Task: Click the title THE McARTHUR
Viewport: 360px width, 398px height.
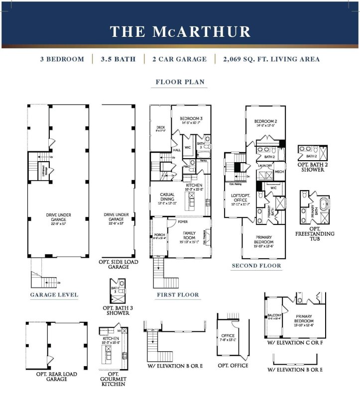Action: pyautogui.click(x=180, y=31)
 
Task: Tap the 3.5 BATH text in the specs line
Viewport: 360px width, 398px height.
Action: pyautogui.click(x=118, y=59)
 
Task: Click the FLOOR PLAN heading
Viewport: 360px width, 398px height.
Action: pyautogui.click(x=180, y=82)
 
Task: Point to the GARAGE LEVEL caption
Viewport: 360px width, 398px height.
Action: pyautogui.click(x=54, y=295)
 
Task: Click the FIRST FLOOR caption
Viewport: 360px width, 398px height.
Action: pyautogui.click(x=177, y=295)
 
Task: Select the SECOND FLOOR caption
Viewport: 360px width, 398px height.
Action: pyautogui.click(x=256, y=266)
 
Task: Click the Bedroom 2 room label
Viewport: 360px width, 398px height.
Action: pyautogui.click(x=264, y=122)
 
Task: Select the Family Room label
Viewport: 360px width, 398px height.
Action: pyautogui.click(x=189, y=236)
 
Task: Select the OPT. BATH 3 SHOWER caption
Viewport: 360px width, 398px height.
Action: pyautogui.click(x=118, y=310)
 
